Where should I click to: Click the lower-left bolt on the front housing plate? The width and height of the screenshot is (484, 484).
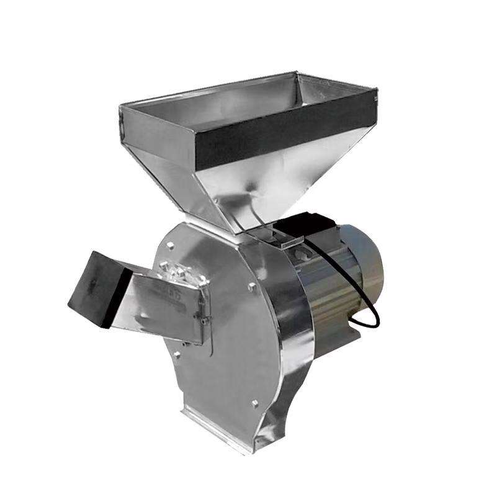pos(176,354)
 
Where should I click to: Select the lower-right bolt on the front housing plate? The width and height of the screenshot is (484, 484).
pos(254,404)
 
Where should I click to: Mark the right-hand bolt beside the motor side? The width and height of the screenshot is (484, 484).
pos(251,286)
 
